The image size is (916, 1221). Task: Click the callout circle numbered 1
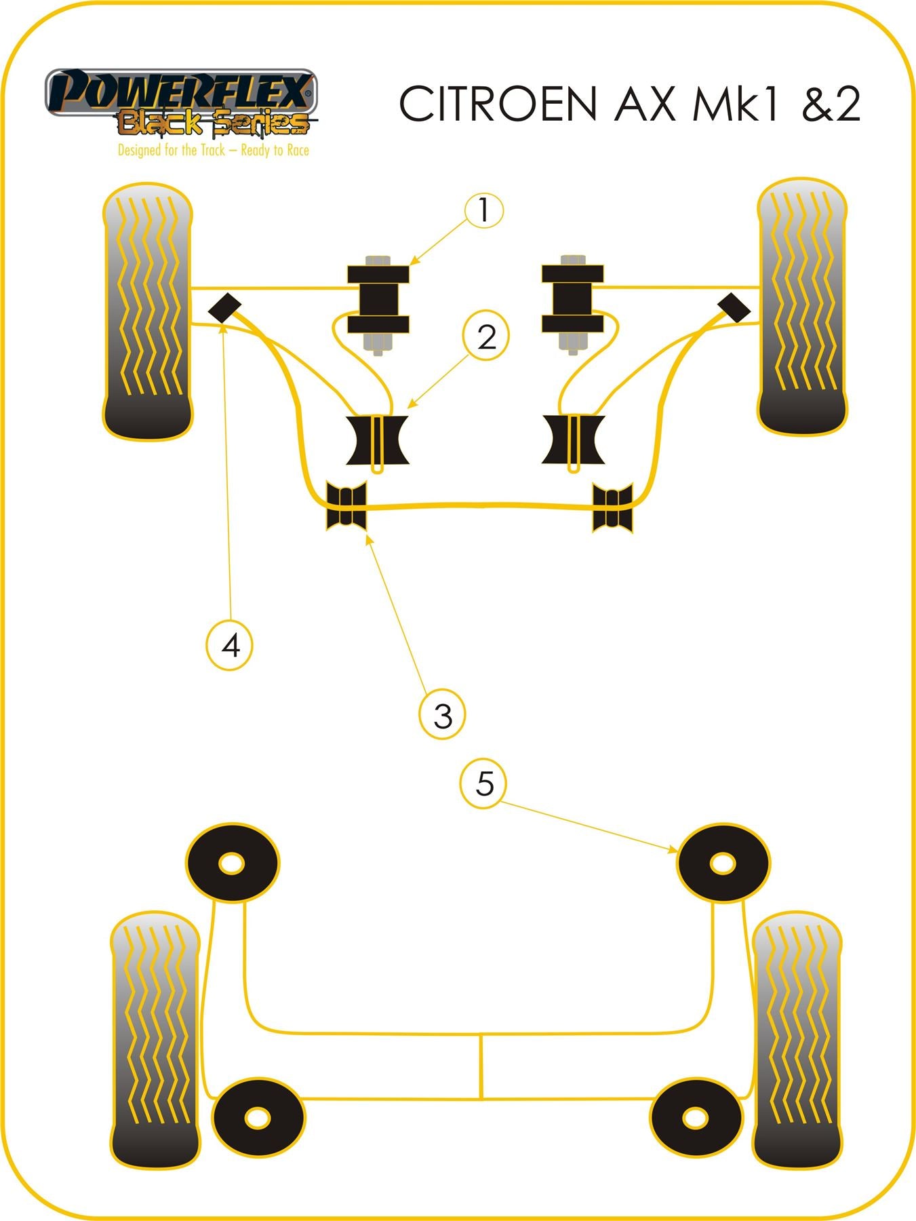(483, 210)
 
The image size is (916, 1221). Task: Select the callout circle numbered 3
(442, 715)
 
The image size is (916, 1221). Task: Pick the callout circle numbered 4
(230, 644)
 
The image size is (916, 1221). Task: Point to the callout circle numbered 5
(484, 784)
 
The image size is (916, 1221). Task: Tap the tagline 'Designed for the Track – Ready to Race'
(213, 151)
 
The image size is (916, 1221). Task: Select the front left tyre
(148, 311)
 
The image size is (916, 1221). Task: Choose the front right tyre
(802, 307)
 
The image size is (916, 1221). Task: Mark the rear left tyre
(155, 1039)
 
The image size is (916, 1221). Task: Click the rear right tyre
(797, 1039)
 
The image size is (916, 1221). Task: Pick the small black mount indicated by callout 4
(224, 307)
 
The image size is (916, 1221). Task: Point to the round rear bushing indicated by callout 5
(723, 864)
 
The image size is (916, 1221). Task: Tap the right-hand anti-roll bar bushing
(612, 507)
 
